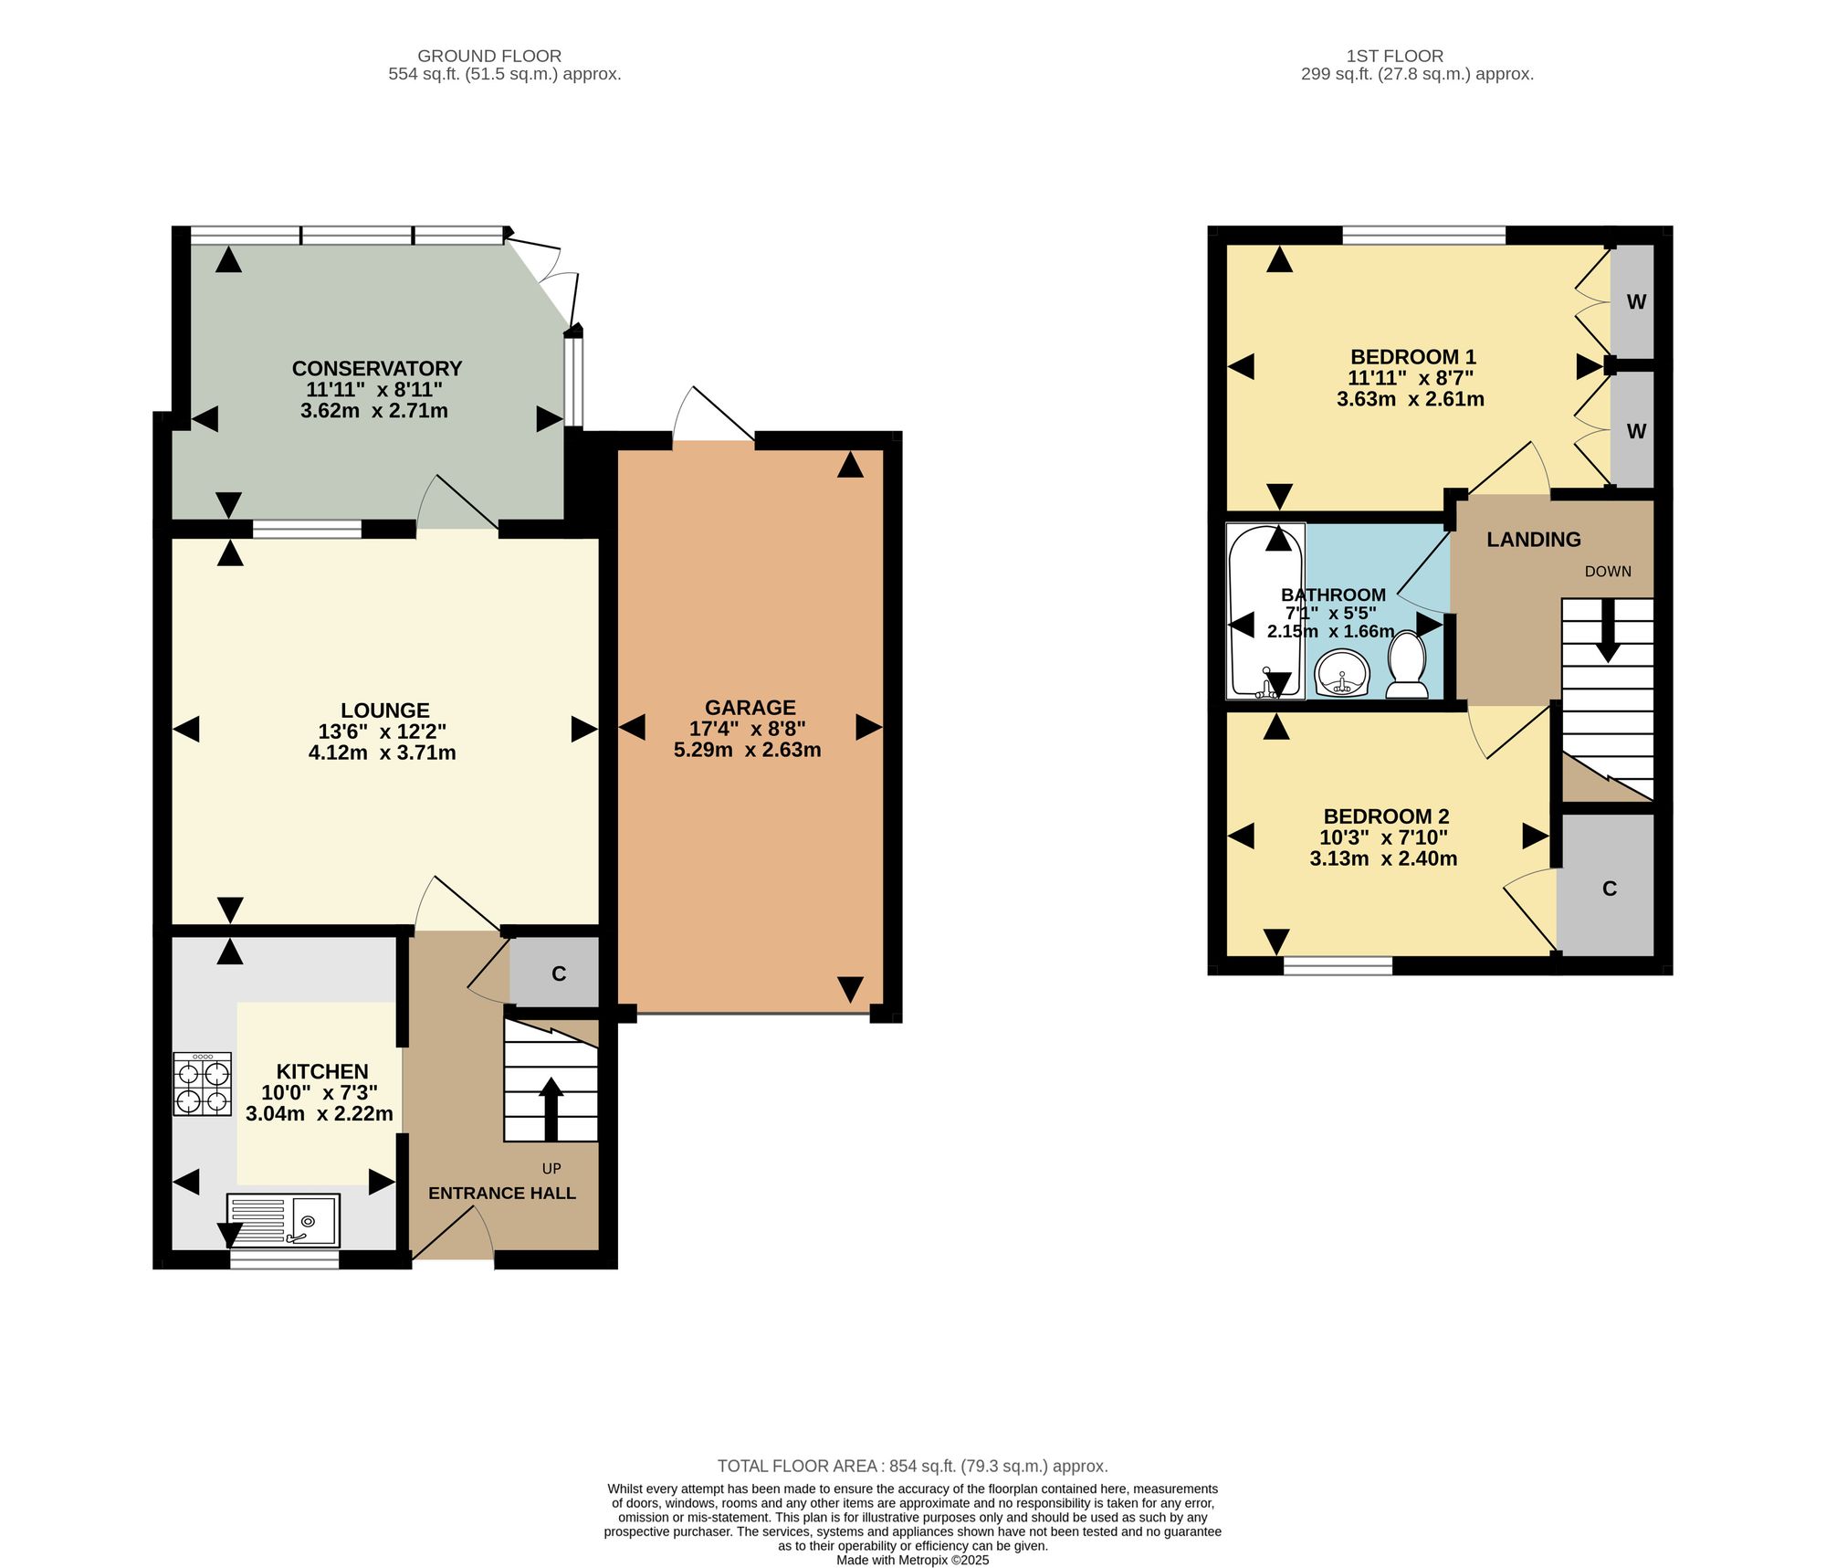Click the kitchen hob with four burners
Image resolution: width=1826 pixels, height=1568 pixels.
tap(202, 1084)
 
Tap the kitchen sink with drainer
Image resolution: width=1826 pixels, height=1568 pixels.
tap(283, 1220)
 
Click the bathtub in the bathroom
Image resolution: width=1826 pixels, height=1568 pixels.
tap(1265, 611)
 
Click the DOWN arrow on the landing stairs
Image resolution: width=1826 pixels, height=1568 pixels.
tap(1608, 630)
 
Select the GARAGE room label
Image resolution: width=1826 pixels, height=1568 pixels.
tap(750, 708)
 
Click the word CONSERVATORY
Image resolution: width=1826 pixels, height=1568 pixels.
tap(377, 368)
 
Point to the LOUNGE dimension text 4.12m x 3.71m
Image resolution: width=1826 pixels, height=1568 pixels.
tap(383, 752)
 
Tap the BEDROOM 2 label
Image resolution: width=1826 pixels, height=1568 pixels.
tap(1386, 816)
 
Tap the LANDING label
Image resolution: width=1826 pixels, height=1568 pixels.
tap(1534, 540)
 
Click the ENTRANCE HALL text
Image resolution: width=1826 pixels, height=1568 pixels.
tap(502, 1193)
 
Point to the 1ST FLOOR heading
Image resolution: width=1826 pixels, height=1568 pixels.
tap(1395, 56)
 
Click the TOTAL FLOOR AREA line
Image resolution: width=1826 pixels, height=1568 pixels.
tap(913, 1467)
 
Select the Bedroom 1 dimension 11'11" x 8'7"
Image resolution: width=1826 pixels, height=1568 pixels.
tap(1411, 378)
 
